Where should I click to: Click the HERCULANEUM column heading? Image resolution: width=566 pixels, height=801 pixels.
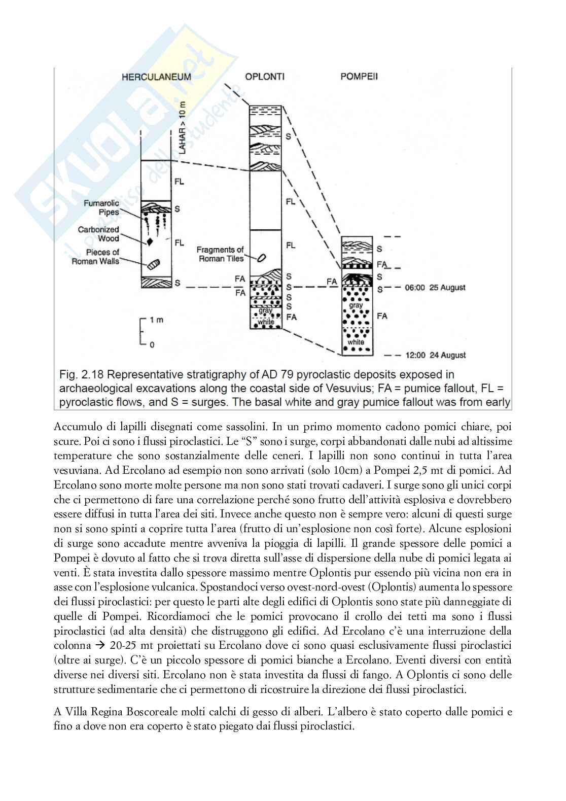tap(156, 77)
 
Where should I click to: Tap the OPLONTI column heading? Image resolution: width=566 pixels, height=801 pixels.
tap(264, 77)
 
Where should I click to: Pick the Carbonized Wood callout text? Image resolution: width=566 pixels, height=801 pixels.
tap(98, 234)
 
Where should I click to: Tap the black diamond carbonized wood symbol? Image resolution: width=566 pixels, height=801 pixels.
tap(150, 241)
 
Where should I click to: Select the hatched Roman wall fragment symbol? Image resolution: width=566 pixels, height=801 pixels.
tap(153, 264)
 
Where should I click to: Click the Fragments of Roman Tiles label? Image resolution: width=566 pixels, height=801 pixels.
tap(220, 254)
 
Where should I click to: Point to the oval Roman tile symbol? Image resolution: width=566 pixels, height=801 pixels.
tap(262, 258)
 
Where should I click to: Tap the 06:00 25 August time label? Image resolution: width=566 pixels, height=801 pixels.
tap(436, 288)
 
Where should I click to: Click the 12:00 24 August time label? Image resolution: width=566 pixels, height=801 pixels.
tap(436, 355)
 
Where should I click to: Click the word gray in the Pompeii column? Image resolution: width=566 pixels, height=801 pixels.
tap(356, 305)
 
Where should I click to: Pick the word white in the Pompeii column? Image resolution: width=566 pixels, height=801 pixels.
tap(356, 342)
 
